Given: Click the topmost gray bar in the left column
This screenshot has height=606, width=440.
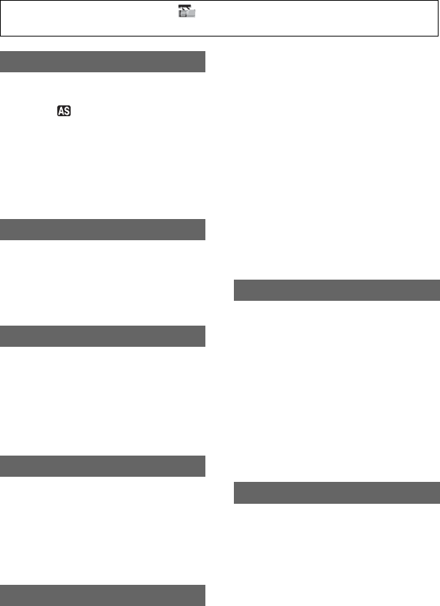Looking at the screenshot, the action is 102,61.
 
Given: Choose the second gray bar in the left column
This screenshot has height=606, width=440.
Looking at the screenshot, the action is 102,230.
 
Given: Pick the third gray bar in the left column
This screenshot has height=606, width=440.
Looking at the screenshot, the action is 102,336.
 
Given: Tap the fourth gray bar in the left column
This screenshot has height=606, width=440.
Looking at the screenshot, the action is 102,466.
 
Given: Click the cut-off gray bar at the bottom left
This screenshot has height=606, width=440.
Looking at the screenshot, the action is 102,595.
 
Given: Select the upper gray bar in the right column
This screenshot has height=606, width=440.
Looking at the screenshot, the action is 337,290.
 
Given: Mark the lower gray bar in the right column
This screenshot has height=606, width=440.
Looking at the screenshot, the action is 337,493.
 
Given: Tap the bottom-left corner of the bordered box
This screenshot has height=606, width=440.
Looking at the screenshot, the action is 1,36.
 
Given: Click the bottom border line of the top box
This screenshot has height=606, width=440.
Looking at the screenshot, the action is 219,36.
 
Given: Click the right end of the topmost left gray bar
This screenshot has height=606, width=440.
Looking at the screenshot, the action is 204,61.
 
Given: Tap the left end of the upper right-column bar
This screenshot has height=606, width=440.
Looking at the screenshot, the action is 236,290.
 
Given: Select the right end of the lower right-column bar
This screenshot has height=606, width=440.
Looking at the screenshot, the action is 439,493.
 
